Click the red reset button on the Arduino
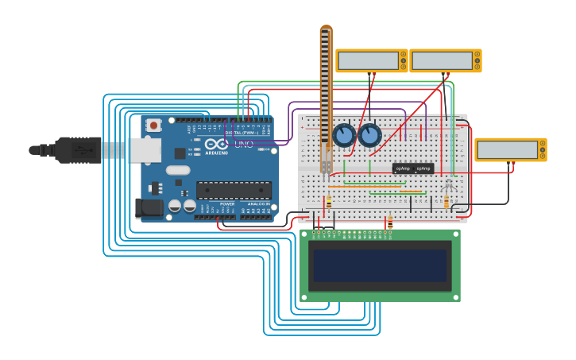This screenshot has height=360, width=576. (153, 125)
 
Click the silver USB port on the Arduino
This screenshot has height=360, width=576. (145, 149)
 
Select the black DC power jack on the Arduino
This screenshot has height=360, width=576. (149, 208)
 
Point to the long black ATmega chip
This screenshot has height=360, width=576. (234, 190)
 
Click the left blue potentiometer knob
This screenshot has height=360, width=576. (344, 135)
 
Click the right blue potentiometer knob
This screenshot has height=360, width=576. (369, 135)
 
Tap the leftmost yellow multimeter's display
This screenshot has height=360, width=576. (368, 60)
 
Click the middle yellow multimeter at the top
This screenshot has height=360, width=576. (442, 60)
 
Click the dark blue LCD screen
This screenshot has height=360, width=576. (381, 265)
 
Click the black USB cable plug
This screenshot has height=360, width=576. (75, 149)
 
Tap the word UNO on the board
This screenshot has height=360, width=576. (243, 144)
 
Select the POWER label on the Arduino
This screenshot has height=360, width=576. (227, 204)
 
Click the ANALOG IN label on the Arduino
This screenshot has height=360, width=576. (258, 204)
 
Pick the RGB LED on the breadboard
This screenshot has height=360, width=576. (448, 185)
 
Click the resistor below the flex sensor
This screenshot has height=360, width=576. (329, 202)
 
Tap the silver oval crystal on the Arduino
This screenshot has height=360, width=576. (178, 169)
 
